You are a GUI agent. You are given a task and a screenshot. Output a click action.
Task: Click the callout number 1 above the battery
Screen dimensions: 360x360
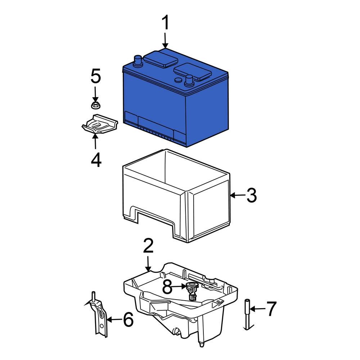(165, 23)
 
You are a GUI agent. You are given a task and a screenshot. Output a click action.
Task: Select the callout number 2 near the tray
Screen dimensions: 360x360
(148, 246)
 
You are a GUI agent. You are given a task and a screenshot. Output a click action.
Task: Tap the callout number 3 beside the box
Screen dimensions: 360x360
(251, 195)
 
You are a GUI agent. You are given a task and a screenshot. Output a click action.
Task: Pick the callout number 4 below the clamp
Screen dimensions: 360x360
(96, 159)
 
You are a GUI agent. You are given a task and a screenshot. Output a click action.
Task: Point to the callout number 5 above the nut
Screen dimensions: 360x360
(95, 77)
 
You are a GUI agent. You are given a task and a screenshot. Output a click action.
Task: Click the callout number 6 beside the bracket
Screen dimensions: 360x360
(128, 319)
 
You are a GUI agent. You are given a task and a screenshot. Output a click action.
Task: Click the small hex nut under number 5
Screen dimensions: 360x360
(95, 105)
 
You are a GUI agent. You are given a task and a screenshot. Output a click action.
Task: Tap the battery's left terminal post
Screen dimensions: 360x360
(137, 60)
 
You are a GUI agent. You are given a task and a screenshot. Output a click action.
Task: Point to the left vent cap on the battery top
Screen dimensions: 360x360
(161, 58)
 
